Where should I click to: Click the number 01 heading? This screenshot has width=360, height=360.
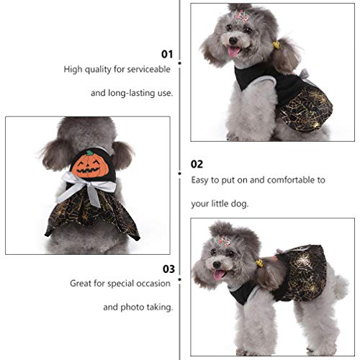click(166, 54)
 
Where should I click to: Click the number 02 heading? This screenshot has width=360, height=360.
click(197, 163)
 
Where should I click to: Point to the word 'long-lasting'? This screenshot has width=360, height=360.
click(132, 94)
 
